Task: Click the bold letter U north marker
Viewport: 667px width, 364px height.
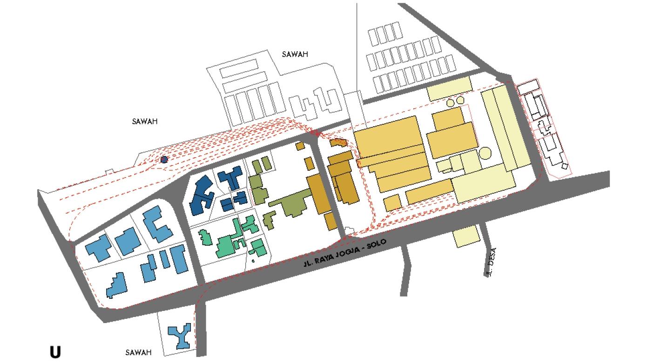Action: pyautogui.click(x=55, y=352)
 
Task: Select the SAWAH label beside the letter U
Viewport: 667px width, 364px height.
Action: pyautogui.click(x=138, y=352)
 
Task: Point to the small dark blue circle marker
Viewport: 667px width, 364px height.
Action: pyautogui.click(x=164, y=160)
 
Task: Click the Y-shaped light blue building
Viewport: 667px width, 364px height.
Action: pyautogui.click(x=179, y=336)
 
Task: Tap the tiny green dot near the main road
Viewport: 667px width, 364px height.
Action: pyautogui.click(x=253, y=261)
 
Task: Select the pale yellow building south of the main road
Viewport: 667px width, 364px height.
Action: pyautogui.click(x=466, y=236)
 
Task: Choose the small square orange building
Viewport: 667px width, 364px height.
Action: pyautogui.click(x=392, y=203)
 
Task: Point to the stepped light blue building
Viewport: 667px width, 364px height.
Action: pyautogui.click(x=116, y=285)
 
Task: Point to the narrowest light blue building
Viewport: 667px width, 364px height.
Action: pyautogui.click(x=165, y=258)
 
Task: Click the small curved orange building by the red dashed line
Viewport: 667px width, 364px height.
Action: pyautogui.click(x=339, y=142)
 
